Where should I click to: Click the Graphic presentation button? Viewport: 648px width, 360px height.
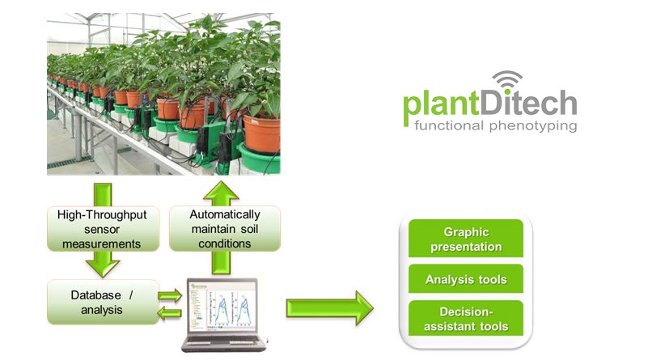point(466,239)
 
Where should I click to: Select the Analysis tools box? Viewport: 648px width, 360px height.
point(466,279)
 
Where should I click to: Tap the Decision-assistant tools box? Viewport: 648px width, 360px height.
point(466,318)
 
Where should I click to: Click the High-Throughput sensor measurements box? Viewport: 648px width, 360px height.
point(103,229)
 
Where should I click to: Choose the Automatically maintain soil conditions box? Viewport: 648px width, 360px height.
point(225,229)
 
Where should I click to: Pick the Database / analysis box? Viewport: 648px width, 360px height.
point(103,302)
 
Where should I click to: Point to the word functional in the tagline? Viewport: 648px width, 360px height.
point(449,125)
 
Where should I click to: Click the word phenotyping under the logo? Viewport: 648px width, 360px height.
point(533,126)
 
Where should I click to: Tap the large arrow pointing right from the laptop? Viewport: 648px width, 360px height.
point(330,308)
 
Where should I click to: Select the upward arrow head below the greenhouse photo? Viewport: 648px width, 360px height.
point(221,192)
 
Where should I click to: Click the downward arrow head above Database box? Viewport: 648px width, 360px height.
point(103,268)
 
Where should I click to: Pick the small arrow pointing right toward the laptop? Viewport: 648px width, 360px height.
point(170,295)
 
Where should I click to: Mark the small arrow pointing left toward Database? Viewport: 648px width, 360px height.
point(169,314)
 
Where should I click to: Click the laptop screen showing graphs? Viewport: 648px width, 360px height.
point(223,307)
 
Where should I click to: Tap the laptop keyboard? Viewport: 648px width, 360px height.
point(223,340)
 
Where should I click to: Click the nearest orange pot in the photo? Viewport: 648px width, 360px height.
point(261,134)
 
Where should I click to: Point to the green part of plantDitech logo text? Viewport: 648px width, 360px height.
point(441,104)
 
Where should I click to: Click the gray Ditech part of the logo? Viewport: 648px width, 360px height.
point(528,102)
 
